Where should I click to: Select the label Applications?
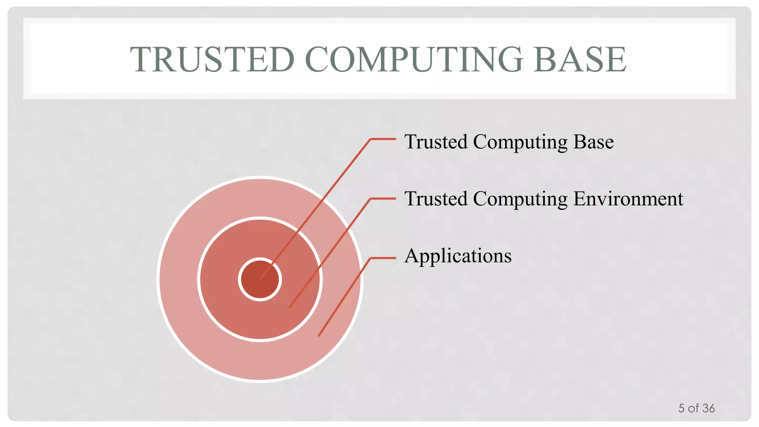pyautogui.click(x=458, y=256)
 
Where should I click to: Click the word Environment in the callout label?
pyautogui.click(x=628, y=199)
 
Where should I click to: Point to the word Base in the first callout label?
pyautogui.click(x=593, y=142)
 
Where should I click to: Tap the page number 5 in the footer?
pyautogui.click(x=681, y=408)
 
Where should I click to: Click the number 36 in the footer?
pyautogui.click(x=708, y=408)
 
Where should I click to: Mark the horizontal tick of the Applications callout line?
pyautogui.click(x=383, y=258)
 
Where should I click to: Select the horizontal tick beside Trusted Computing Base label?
pyautogui.click(x=383, y=139)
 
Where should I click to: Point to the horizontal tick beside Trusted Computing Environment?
pyautogui.click(x=383, y=199)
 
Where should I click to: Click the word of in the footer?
pyautogui.click(x=693, y=408)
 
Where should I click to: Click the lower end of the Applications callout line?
pyautogui.click(x=319, y=335)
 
